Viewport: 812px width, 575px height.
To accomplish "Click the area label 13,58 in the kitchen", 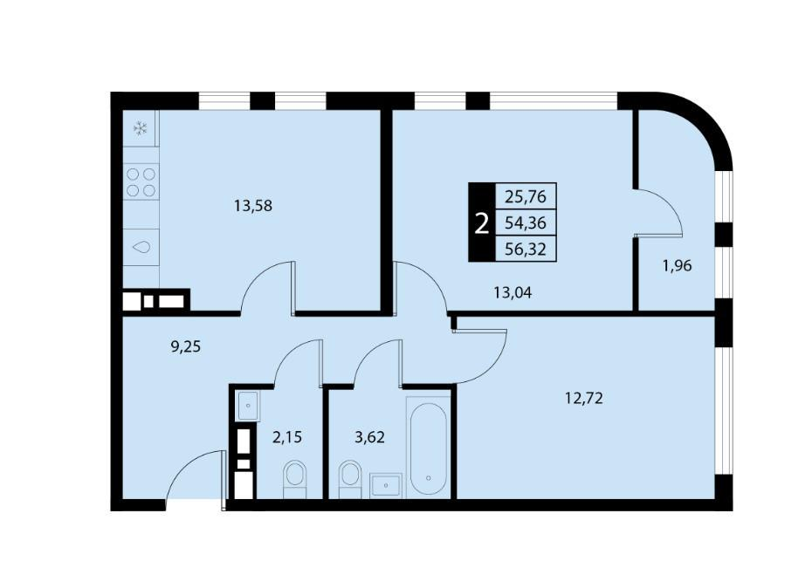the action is coord(252,207).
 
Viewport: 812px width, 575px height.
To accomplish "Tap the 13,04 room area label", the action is coord(513,293).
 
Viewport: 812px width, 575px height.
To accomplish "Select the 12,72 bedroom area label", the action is coord(584,399).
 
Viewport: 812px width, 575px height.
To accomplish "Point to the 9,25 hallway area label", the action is coord(185,346).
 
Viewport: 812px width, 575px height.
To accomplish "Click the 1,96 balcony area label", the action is coord(678,266).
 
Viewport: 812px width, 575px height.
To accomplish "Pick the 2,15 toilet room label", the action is coord(287,438).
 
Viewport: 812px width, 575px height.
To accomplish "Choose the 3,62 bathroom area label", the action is coord(369,438).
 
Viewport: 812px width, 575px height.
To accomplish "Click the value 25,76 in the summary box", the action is coord(526,196).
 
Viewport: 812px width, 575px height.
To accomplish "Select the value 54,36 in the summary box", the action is coord(526,223).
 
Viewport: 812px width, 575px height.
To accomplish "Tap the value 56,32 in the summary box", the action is coord(526,250).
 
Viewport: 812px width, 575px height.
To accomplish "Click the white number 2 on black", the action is coord(482,224).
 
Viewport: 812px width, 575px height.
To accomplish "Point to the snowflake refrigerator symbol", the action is coord(141,128).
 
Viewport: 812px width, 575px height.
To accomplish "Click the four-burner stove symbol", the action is coord(141,181).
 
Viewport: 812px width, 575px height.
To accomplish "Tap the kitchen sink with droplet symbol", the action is coord(141,247).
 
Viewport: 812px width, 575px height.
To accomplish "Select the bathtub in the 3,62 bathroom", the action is coord(429,447).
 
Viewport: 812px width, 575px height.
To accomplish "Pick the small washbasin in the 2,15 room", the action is coord(248,406).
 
